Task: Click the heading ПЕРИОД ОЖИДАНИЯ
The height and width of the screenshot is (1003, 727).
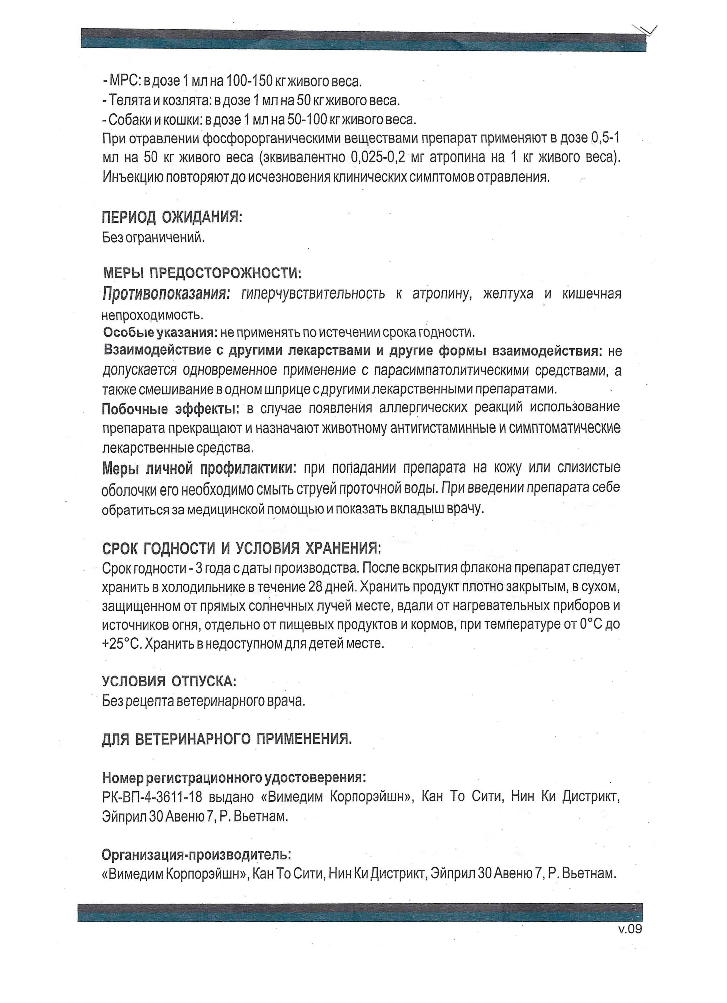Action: (x=172, y=218)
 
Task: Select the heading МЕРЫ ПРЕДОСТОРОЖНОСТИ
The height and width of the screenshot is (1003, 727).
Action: (x=202, y=273)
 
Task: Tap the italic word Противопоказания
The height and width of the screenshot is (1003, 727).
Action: (x=166, y=294)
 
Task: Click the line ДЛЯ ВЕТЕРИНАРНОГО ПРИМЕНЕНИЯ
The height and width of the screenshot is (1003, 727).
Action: (x=227, y=739)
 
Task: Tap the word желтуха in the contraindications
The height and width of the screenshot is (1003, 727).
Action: (x=508, y=294)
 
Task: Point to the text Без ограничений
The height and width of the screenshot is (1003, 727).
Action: (x=154, y=238)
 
